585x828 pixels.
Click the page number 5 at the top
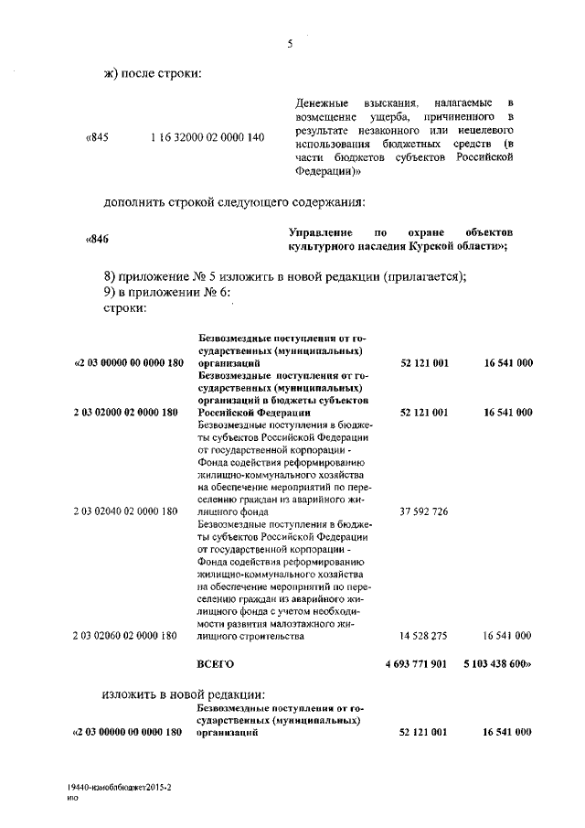coord(289,40)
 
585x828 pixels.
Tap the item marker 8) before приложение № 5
coord(110,277)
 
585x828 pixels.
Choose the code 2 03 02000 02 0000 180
coord(125,413)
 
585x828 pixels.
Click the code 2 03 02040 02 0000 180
coord(125,511)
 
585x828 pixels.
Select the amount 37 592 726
coord(424,511)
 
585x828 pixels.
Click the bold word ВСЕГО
coord(216,662)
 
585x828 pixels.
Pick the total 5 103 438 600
coord(499,662)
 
